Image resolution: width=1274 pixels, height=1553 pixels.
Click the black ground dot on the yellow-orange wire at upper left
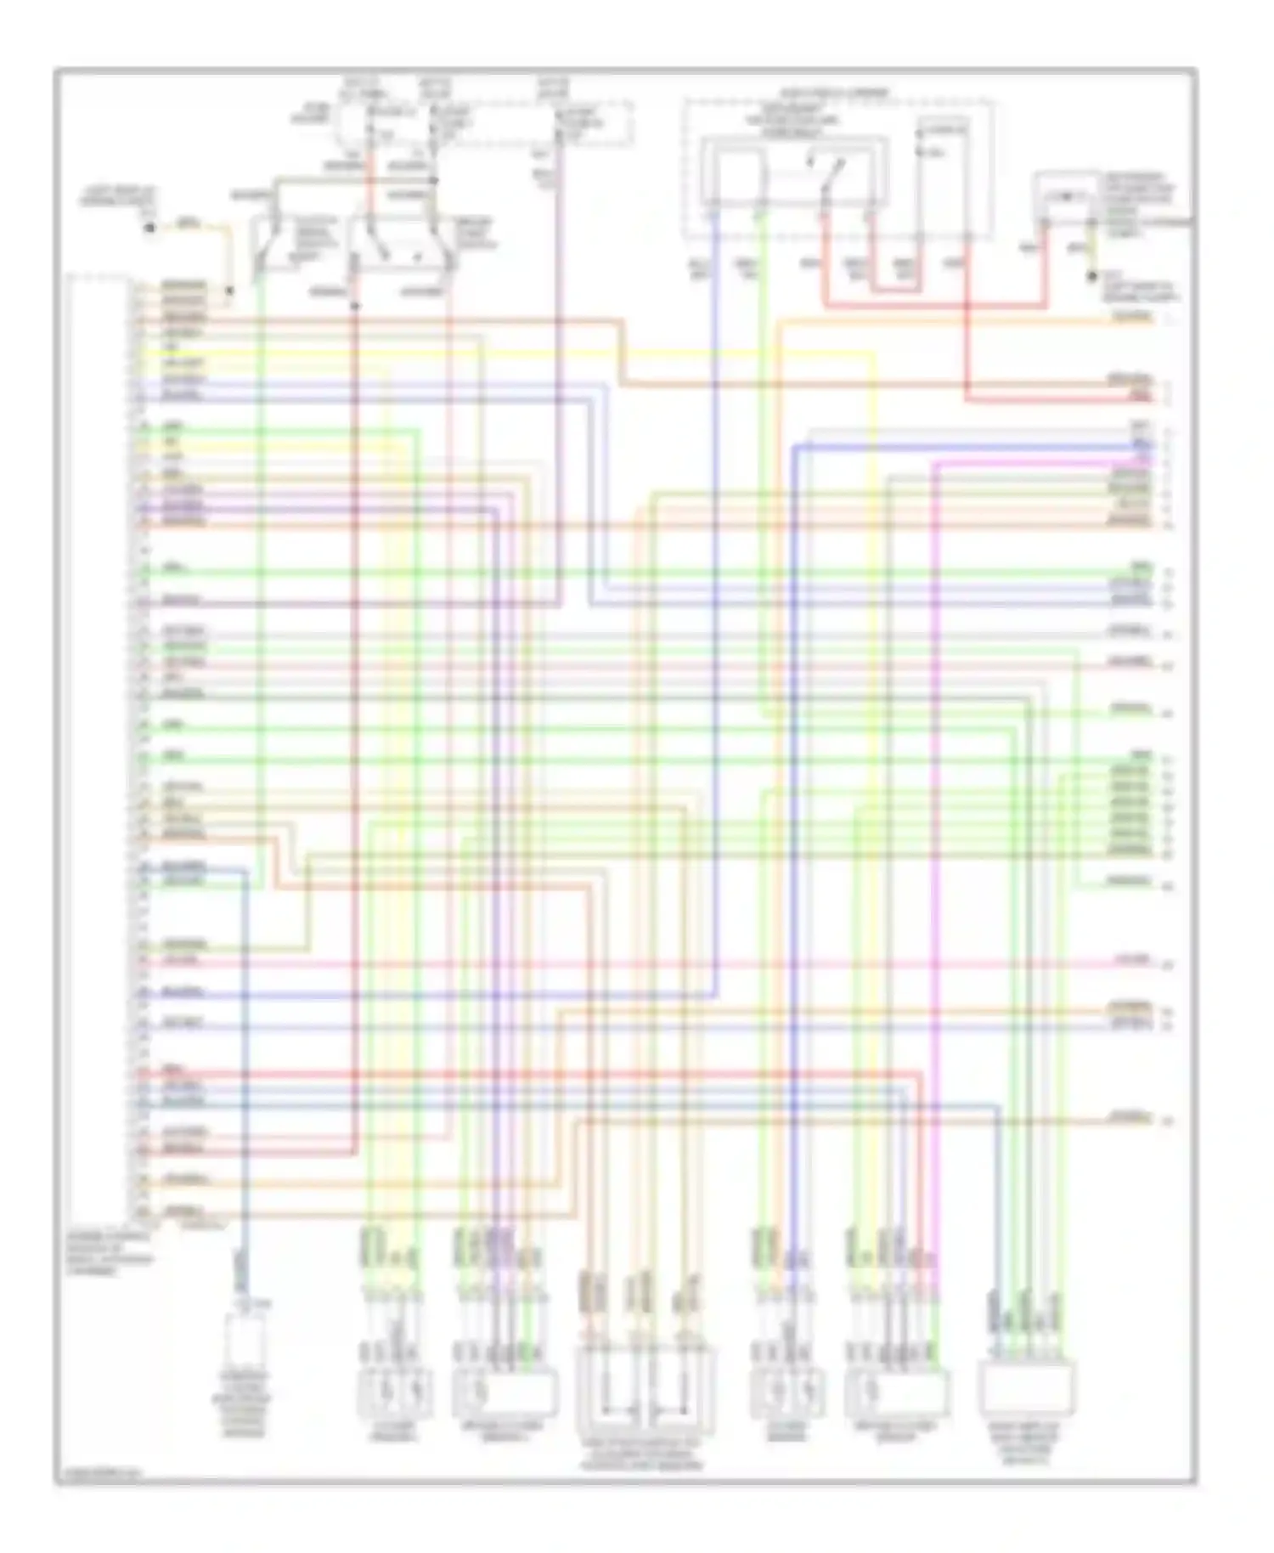[x=150, y=228]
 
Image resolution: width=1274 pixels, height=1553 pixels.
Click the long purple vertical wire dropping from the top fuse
[x=558, y=382]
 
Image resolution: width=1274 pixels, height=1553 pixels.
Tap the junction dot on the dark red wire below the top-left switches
[x=355, y=304]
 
